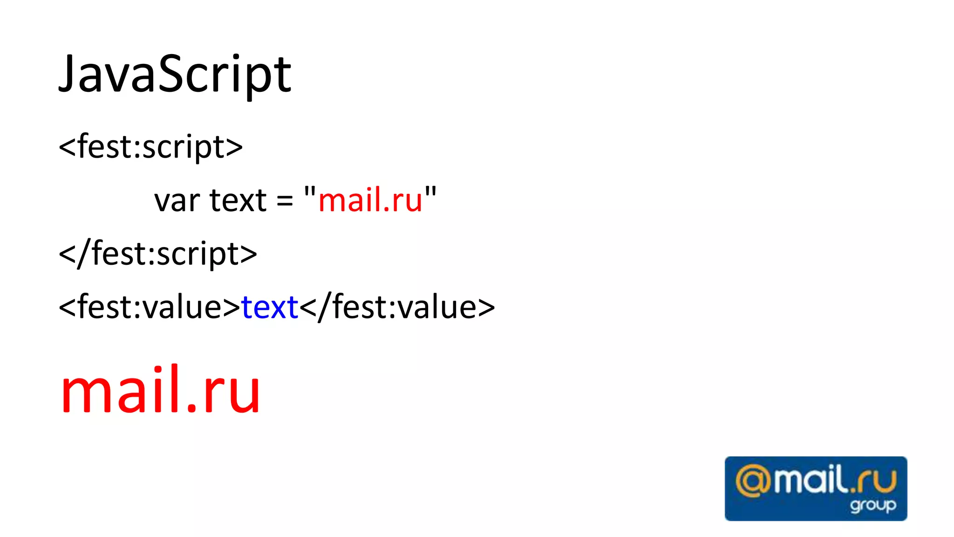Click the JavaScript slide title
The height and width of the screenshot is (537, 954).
(175, 75)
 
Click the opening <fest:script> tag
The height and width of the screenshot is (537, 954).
(150, 147)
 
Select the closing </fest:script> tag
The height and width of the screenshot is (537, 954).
(158, 254)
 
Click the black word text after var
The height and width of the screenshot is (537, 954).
(238, 200)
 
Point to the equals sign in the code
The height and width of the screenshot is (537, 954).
(285, 201)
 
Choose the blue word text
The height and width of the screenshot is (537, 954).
(270, 308)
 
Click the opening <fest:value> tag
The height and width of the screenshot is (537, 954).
(150, 308)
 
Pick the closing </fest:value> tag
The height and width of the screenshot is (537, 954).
(397, 308)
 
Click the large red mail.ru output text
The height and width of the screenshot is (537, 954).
(160, 391)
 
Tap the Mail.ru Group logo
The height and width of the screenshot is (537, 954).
(816, 488)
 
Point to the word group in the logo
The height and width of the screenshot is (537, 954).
(872, 505)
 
